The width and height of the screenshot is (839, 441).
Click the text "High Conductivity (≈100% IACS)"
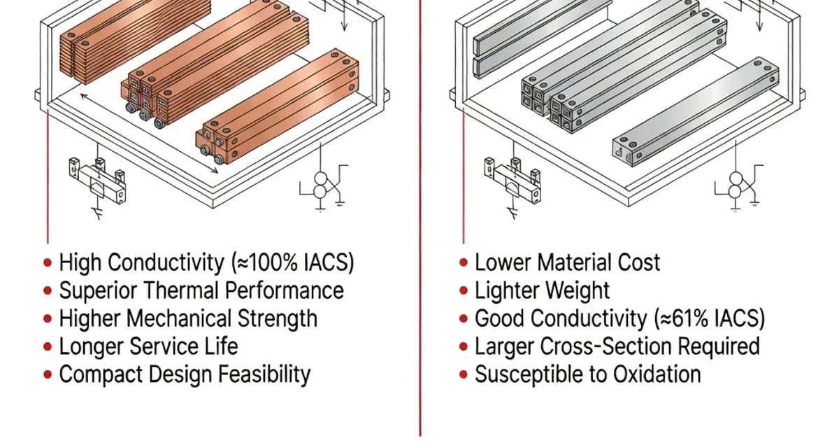(206, 262)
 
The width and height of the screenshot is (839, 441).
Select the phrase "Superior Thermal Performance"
(201, 290)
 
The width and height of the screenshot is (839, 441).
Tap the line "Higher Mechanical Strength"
(187, 318)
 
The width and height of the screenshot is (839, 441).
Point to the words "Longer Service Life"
(148, 346)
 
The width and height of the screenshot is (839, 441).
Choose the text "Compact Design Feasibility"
(184, 374)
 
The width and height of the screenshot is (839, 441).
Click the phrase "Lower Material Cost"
(567, 262)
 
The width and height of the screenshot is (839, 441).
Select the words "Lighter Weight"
(542, 290)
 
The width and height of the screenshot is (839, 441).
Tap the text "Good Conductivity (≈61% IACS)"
(619, 318)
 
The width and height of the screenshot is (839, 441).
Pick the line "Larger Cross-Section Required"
(617, 346)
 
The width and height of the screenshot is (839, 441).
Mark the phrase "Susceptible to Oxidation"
(587, 374)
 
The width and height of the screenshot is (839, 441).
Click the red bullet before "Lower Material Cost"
(464, 263)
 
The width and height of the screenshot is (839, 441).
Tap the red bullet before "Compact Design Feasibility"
(48, 374)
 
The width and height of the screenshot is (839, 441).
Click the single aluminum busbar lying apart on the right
(696, 112)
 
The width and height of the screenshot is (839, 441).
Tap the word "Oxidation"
(657, 374)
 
